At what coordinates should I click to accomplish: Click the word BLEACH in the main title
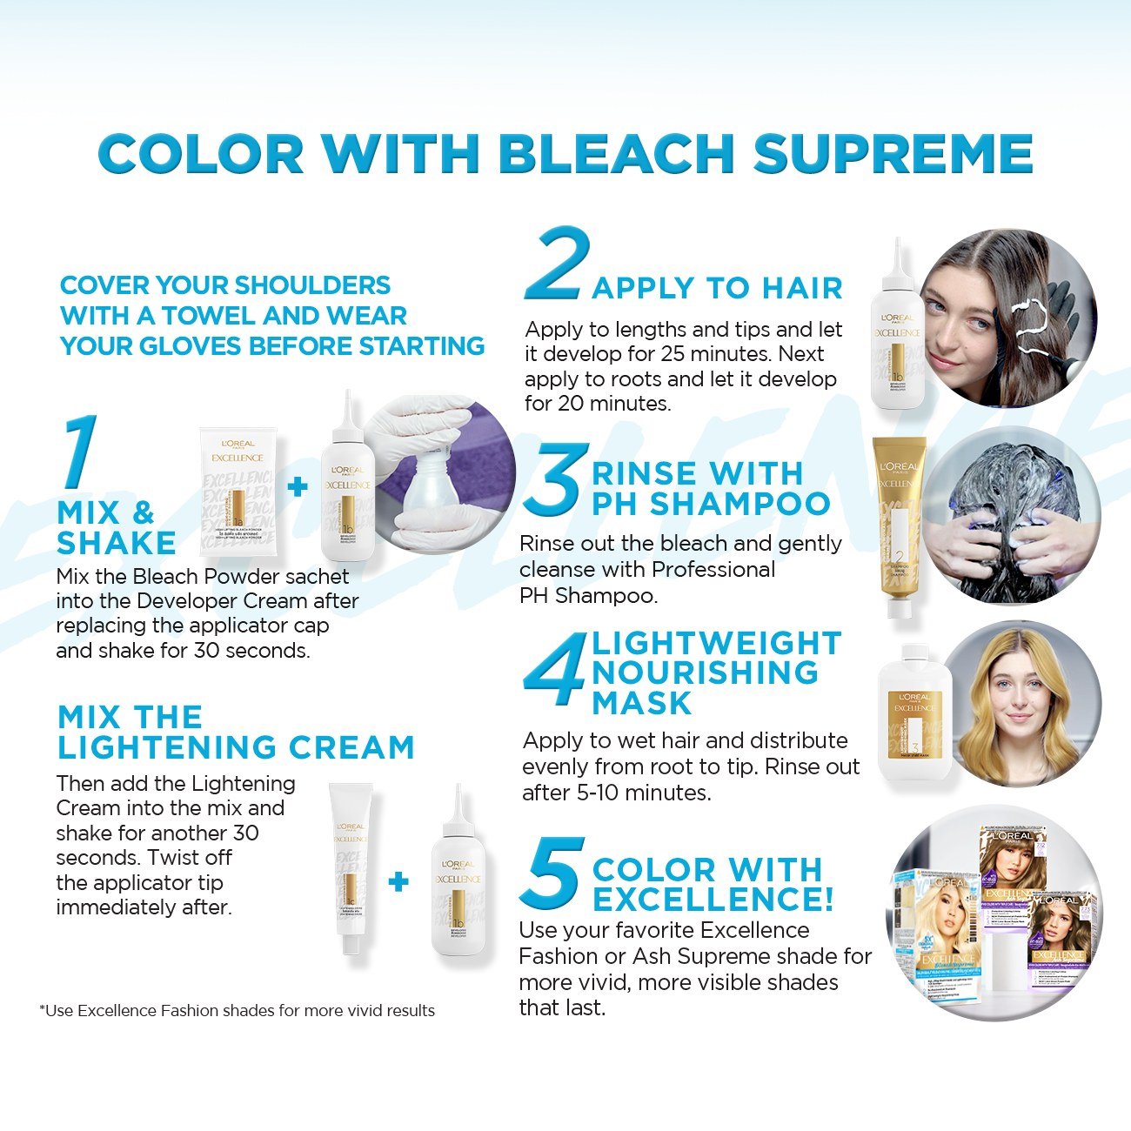pos(618,154)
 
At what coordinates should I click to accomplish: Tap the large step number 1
pos(79,452)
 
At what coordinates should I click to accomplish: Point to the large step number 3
pos(552,478)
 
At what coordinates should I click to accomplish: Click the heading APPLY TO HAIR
pos(717,288)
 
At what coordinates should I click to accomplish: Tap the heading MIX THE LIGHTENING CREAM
pos(235,732)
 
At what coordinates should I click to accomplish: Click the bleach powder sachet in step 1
pos(236,492)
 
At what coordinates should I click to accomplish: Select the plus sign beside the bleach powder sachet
pos(298,485)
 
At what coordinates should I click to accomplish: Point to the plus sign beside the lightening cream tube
pos(398,881)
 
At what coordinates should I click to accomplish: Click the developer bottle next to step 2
pos(896,326)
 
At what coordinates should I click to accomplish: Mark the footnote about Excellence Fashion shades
pos(237,1010)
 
